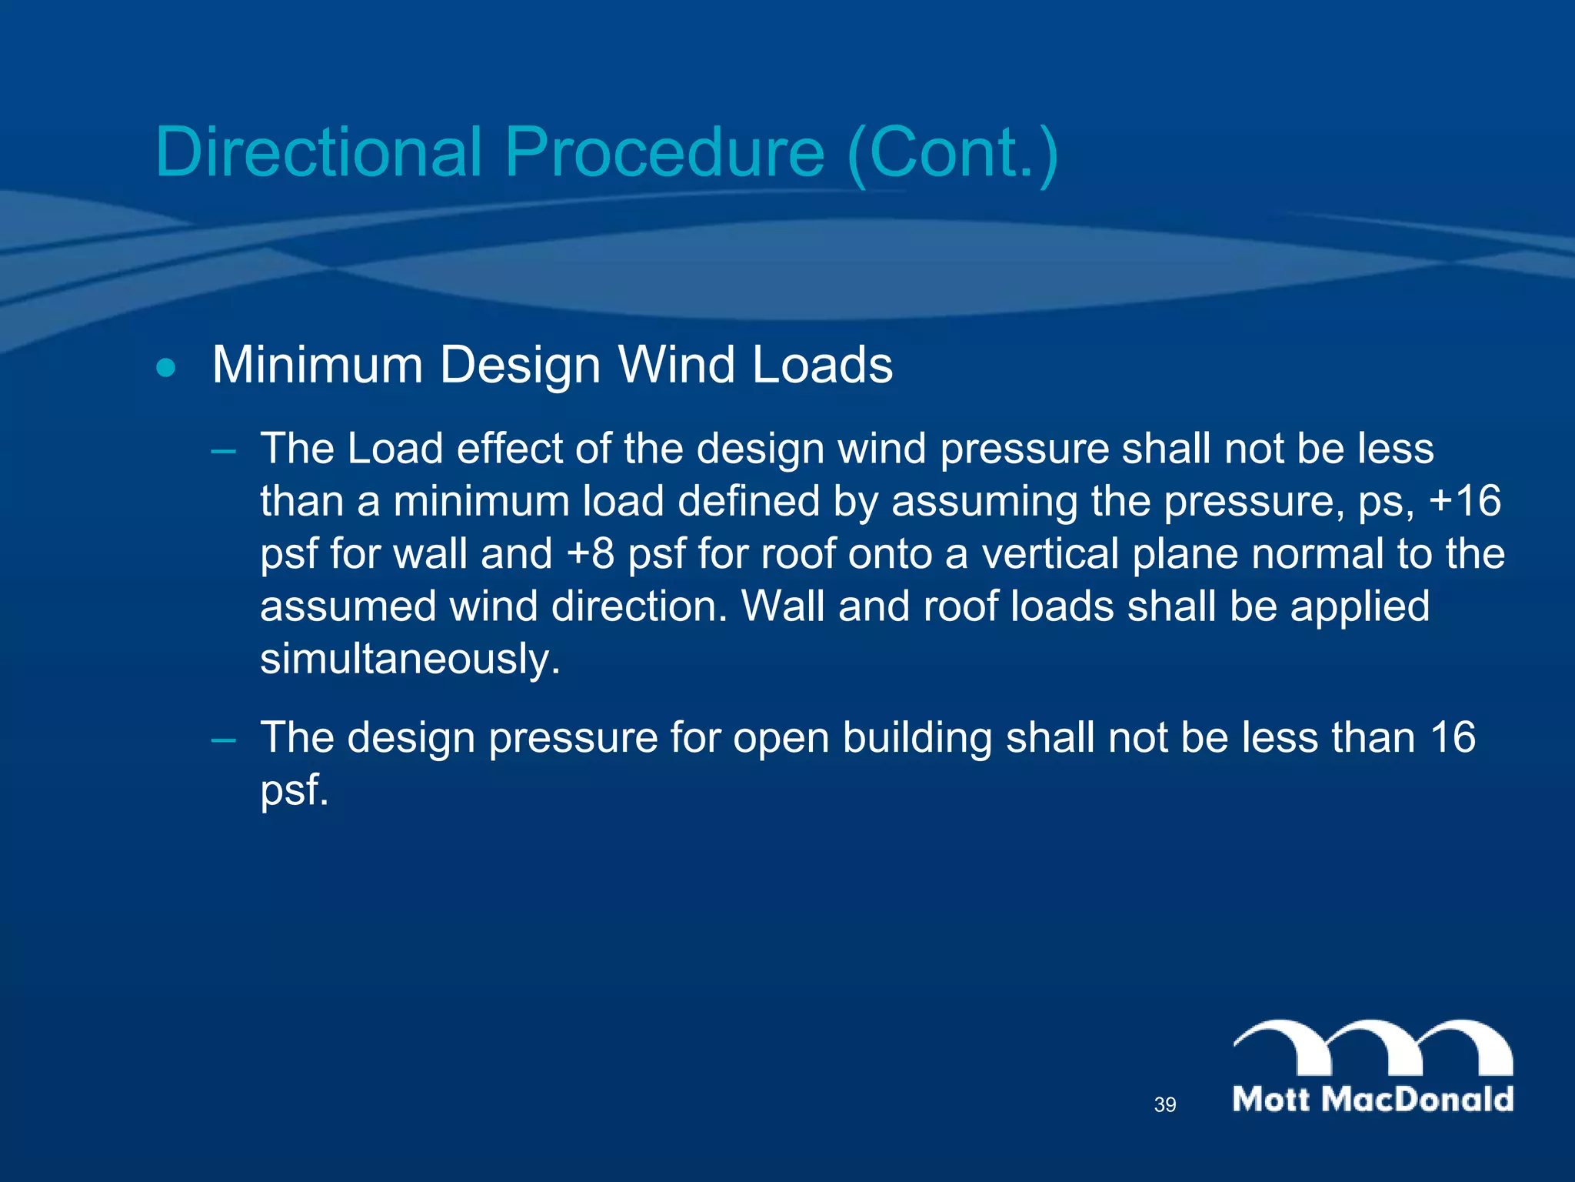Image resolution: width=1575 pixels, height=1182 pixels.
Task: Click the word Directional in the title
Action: pyautogui.click(x=318, y=152)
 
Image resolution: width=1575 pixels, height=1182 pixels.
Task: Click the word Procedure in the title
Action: pyautogui.click(x=664, y=152)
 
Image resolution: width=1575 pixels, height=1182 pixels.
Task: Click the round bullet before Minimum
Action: pyautogui.click(x=165, y=367)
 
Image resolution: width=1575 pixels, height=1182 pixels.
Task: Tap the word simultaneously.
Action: pyautogui.click(x=410, y=659)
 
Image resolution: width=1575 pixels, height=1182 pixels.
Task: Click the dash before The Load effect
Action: pyautogui.click(x=224, y=449)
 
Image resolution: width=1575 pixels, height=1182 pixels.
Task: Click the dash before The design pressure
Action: pyautogui.click(x=224, y=739)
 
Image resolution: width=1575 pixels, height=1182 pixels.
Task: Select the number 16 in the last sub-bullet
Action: pyautogui.click(x=1453, y=737)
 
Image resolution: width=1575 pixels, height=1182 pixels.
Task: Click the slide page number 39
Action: pyautogui.click(x=1164, y=1105)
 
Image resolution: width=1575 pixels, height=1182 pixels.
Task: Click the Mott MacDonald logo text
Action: pyautogui.click(x=1373, y=1099)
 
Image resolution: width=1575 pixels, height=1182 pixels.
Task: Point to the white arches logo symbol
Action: pyautogui.click(x=1373, y=1047)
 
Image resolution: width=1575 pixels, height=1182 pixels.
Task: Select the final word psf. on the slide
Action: pyautogui.click(x=295, y=790)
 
